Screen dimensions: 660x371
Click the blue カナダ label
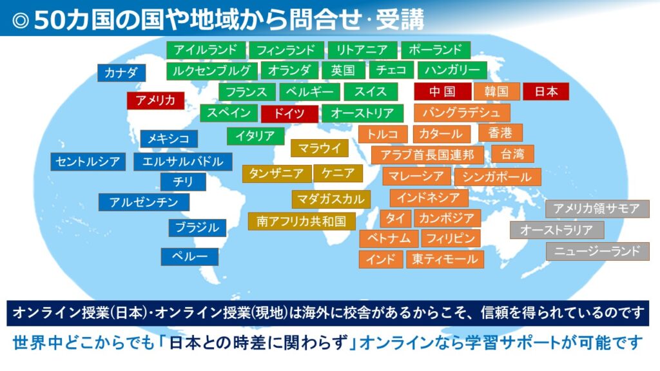click(122, 73)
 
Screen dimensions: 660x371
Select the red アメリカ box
click(156, 100)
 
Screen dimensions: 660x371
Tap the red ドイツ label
click(289, 113)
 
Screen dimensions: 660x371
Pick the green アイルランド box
click(206, 50)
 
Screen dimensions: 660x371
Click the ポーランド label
click(436, 50)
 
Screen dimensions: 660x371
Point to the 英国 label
click(344, 70)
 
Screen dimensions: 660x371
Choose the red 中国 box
click(443, 91)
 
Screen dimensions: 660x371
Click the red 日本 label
click(546, 91)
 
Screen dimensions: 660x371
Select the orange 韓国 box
click(497, 91)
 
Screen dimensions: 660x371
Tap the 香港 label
click(500, 133)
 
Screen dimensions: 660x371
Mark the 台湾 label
click(512, 154)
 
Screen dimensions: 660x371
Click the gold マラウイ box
click(320, 148)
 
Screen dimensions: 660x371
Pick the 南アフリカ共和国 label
click(302, 222)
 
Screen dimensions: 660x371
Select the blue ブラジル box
click(197, 228)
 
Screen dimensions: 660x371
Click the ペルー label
click(189, 257)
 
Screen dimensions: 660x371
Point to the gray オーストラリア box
click(557, 230)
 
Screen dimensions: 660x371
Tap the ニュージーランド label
click(597, 252)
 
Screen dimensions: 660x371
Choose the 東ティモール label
click(445, 260)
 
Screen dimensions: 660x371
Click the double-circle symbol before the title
click(20, 20)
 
